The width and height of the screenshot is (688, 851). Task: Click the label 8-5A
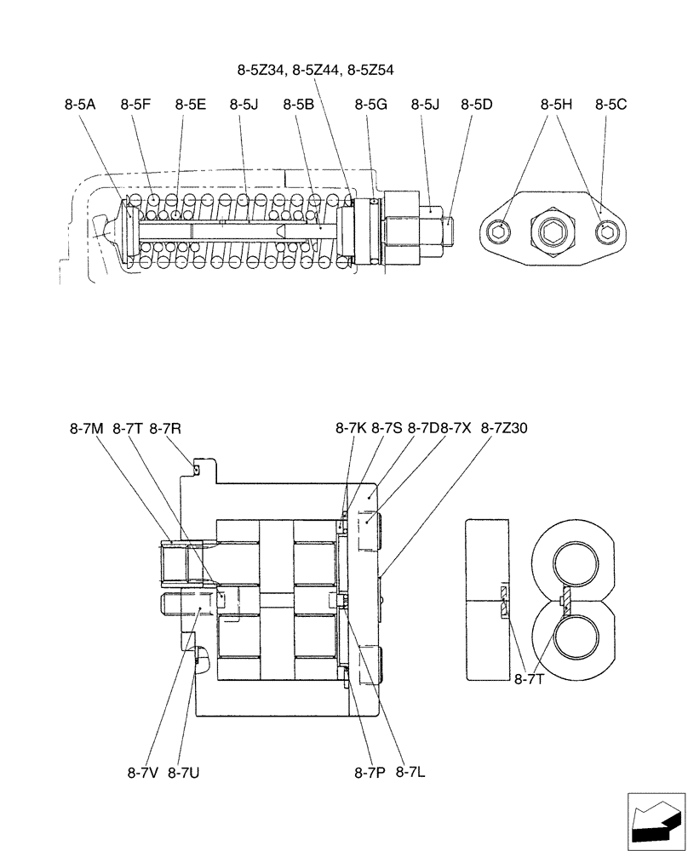(x=79, y=105)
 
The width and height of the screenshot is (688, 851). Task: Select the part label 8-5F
(x=135, y=105)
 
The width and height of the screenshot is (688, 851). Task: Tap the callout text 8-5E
(x=191, y=105)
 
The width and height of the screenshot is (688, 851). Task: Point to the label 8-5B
(x=299, y=105)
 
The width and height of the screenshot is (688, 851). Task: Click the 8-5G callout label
(x=370, y=105)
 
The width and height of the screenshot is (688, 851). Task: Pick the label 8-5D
(x=477, y=105)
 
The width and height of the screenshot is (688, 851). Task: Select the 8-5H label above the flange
(x=556, y=105)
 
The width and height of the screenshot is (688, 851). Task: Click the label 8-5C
(x=611, y=105)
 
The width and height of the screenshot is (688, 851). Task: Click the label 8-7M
(x=86, y=429)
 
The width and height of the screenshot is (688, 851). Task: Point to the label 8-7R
(x=165, y=429)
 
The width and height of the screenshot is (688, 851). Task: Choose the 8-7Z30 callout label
(x=504, y=429)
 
